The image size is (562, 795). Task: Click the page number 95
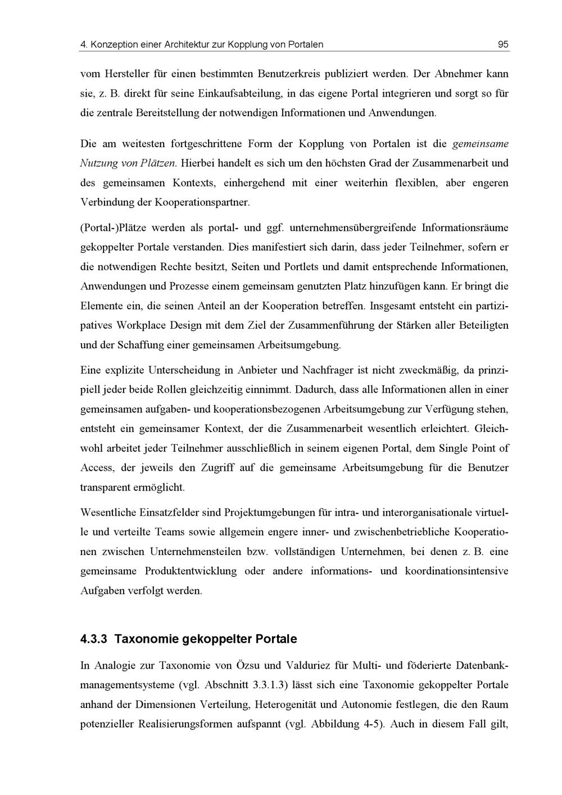click(503, 44)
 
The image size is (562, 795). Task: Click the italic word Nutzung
click(98, 163)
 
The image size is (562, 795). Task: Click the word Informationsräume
click(465, 228)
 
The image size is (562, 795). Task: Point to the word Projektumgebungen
click(270, 513)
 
